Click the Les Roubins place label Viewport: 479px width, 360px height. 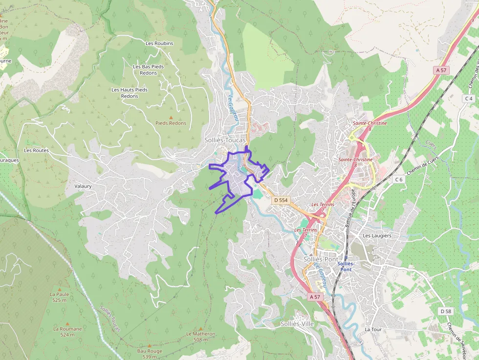(x=159, y=43)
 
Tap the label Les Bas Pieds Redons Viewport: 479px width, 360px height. (x=148, y=70)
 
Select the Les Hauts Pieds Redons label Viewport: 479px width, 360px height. (x=130, y=93)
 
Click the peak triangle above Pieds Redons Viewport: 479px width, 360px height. (x=171, y=117)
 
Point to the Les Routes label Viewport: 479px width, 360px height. (x=36, y=150)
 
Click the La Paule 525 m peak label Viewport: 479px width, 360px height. (x=59, y=297)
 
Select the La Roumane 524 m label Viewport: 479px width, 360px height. (x=67, y=332)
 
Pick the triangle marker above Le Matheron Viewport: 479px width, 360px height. (x=200, y=329)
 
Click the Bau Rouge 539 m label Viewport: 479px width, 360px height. (x=150, y=354)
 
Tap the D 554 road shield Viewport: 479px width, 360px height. (x=281, y=200)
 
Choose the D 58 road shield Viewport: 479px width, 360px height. (x=445, y=311)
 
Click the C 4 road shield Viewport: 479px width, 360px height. (x=469, y=99)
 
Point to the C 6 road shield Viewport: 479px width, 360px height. (x=399, y=179)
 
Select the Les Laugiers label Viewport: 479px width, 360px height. (x=377, y=235)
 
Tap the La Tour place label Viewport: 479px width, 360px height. (x=373, y=329)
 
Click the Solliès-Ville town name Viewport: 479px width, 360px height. (x=297, y=323)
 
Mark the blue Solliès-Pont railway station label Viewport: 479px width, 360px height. (x=346, y=266)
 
